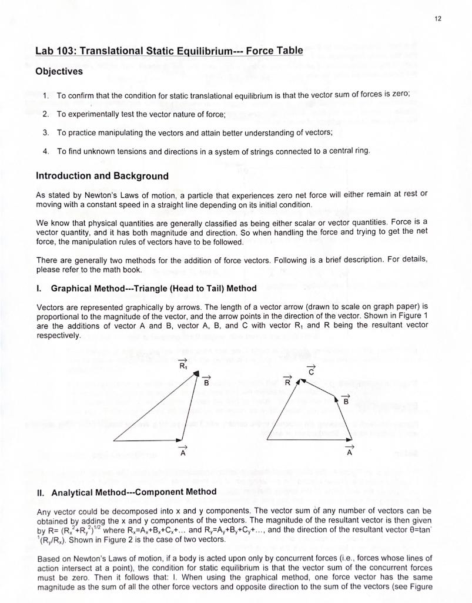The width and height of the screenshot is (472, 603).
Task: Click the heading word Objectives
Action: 59,71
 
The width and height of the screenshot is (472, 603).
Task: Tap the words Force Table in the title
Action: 274,50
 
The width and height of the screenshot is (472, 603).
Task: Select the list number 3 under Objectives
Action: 46,132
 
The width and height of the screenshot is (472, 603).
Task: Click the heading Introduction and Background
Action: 102,175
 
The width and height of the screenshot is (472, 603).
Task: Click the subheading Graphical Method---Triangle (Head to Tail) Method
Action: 153,288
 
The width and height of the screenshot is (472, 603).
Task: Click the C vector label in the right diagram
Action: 312,370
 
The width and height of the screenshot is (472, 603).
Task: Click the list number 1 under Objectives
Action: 46,95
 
